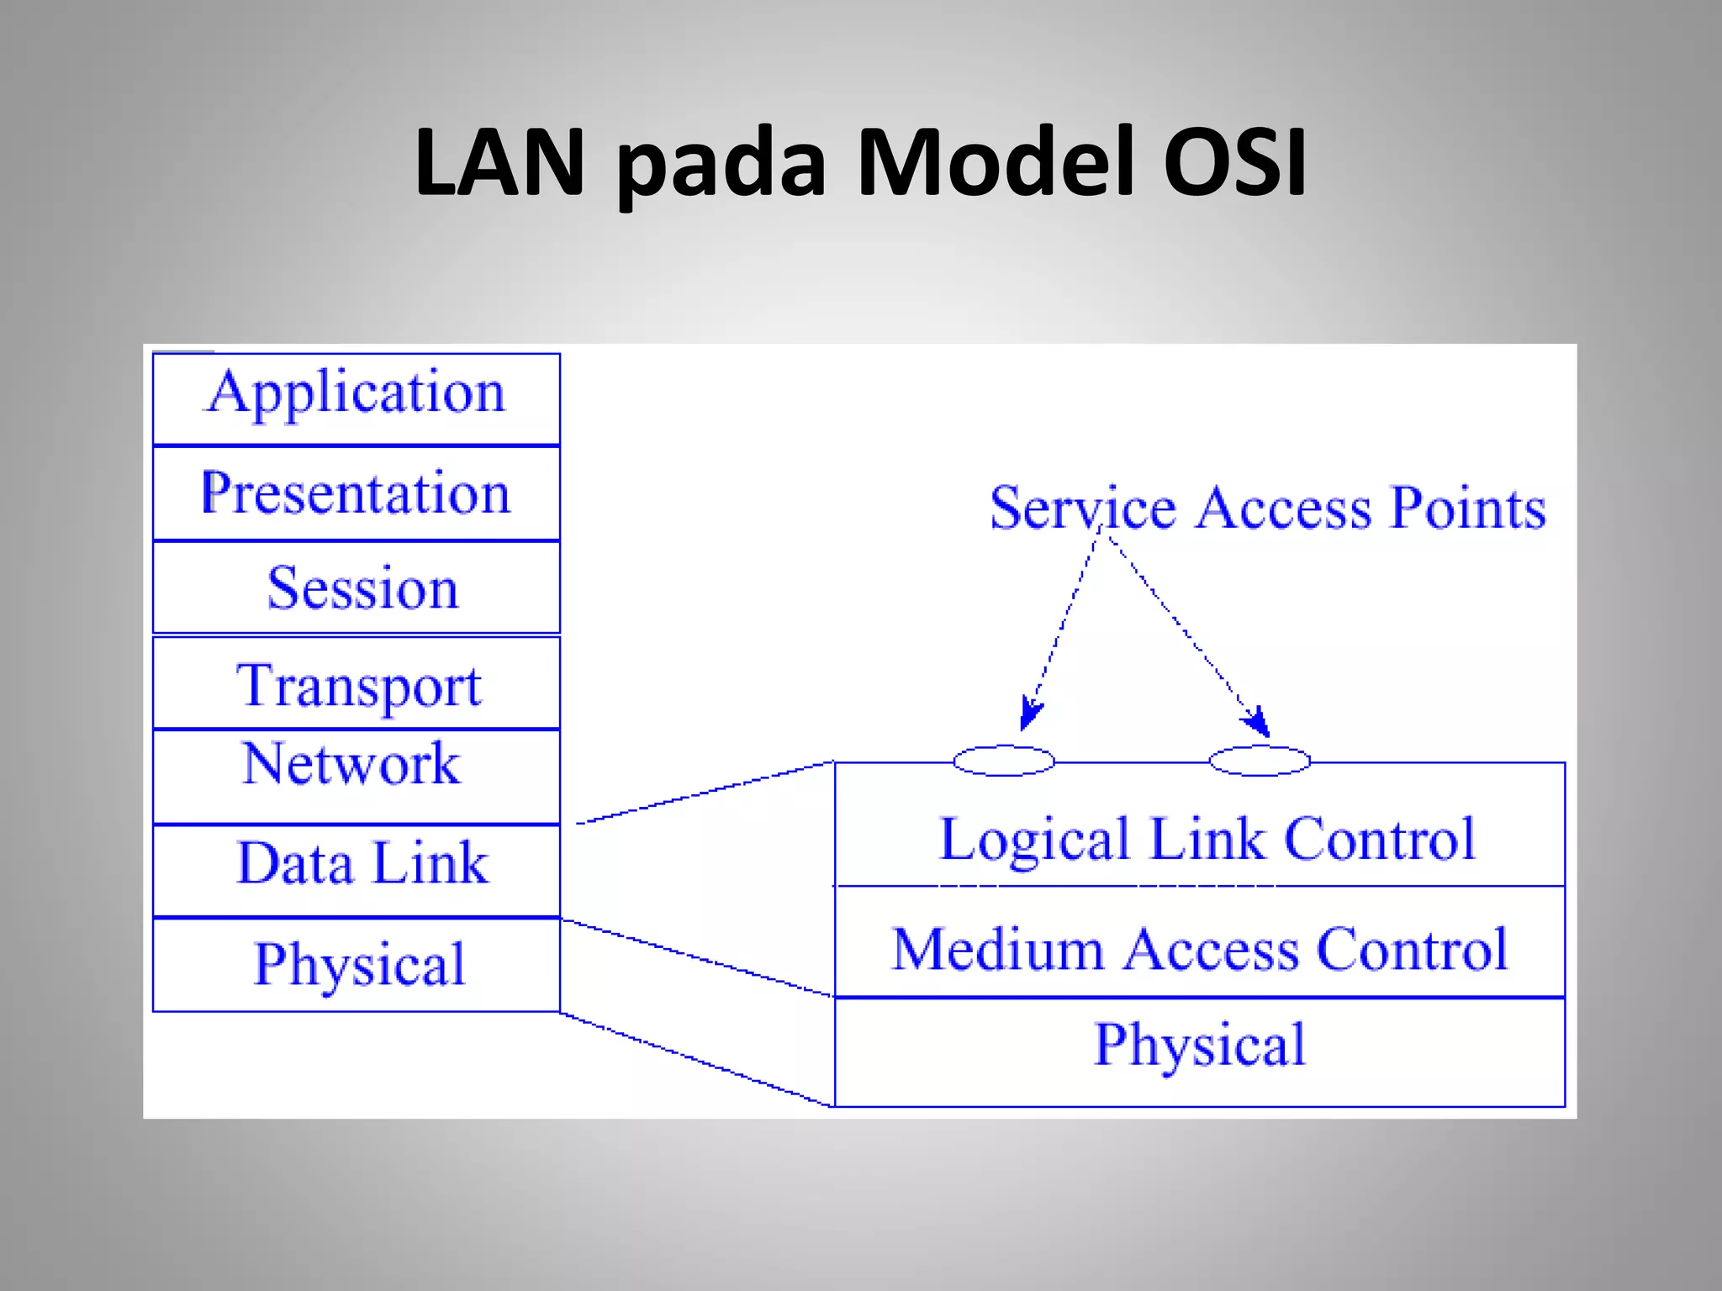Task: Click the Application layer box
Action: [357, 398]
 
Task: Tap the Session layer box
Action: [357, 587]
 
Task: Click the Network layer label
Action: [351, 764]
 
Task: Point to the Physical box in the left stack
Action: [357, 964]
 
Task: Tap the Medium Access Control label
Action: [1200, 949]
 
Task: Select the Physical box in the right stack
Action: [1200, 1051]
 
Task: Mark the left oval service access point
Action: [1003, 761]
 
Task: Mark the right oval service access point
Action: [1259, 761]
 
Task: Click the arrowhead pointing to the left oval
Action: [1029, 714]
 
